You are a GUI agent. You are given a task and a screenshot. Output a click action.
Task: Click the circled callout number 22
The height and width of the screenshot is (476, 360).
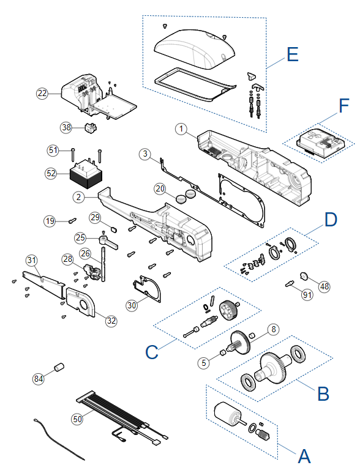(42, 93)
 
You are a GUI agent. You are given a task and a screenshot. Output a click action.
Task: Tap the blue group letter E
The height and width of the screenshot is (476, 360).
(293, 54)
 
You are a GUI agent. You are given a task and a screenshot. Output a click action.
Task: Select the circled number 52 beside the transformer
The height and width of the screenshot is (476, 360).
(51, 173)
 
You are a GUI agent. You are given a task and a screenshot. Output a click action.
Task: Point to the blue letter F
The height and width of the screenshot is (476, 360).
(344, 106)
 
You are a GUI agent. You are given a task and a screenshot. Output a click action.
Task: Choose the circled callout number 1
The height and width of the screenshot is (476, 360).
(181, 129)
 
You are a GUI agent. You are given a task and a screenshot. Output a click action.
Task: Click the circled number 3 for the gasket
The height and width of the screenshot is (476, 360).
(145, 154)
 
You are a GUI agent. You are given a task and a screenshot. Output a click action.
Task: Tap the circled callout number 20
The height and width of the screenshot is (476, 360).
(160, 189)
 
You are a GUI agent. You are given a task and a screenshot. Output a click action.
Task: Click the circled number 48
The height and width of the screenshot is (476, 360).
(324, 286)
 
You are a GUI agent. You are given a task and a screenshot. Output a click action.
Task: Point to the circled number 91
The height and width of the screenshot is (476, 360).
(307, 295)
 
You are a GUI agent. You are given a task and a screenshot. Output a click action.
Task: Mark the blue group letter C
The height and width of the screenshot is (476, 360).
(152, 352)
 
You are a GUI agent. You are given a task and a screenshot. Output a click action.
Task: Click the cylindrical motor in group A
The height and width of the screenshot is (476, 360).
(228, 414)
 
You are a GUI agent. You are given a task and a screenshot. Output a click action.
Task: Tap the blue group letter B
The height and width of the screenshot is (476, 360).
(323, 394)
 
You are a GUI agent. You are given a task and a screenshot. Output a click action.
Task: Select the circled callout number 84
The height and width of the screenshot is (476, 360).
(39, 379)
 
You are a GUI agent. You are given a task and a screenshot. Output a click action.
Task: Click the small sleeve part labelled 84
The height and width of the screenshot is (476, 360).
(59, 366)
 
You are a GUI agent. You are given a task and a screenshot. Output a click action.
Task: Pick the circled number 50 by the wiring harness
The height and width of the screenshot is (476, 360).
(77, 419)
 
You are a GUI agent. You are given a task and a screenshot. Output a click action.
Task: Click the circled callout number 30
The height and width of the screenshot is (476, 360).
(132, 305)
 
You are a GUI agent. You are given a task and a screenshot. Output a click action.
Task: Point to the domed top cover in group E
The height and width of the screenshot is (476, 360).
(195, 48)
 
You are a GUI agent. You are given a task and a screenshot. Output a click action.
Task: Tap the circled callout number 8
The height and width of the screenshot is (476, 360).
(274, 329)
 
